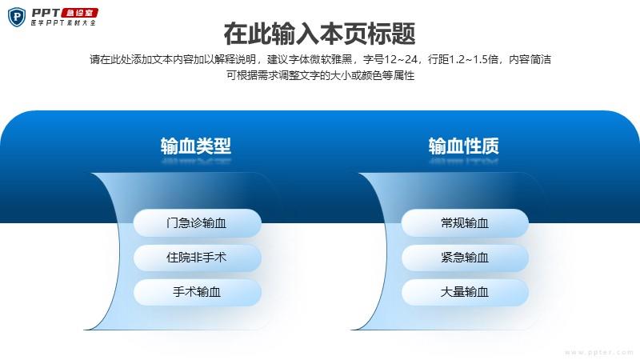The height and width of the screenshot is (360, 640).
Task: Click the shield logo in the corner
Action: [17, 18]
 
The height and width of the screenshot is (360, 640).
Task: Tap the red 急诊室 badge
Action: [79, 13]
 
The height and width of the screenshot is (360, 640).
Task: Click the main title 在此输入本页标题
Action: [319, 34]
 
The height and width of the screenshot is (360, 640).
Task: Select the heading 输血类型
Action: [196, 146]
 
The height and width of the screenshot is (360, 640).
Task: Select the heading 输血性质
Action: [464, 146]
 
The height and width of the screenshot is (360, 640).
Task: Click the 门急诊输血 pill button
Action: [197, 223]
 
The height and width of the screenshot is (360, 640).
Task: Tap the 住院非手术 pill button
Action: [197, 258]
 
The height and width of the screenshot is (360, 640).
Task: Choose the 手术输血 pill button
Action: [197, 292]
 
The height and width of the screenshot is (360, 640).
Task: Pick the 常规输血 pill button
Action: [465, 223]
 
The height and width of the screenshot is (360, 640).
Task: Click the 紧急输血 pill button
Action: [465, 258]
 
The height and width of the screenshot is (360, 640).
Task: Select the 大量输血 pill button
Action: [465, 292]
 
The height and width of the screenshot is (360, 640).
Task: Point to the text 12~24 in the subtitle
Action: [401, 59]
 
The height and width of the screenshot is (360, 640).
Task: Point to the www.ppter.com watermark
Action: [598, 352]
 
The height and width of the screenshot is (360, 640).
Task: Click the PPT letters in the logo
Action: [46, 13]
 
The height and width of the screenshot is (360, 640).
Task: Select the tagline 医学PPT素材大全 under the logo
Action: [63, 23]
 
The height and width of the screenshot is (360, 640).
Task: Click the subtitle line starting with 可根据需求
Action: [321, 75]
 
